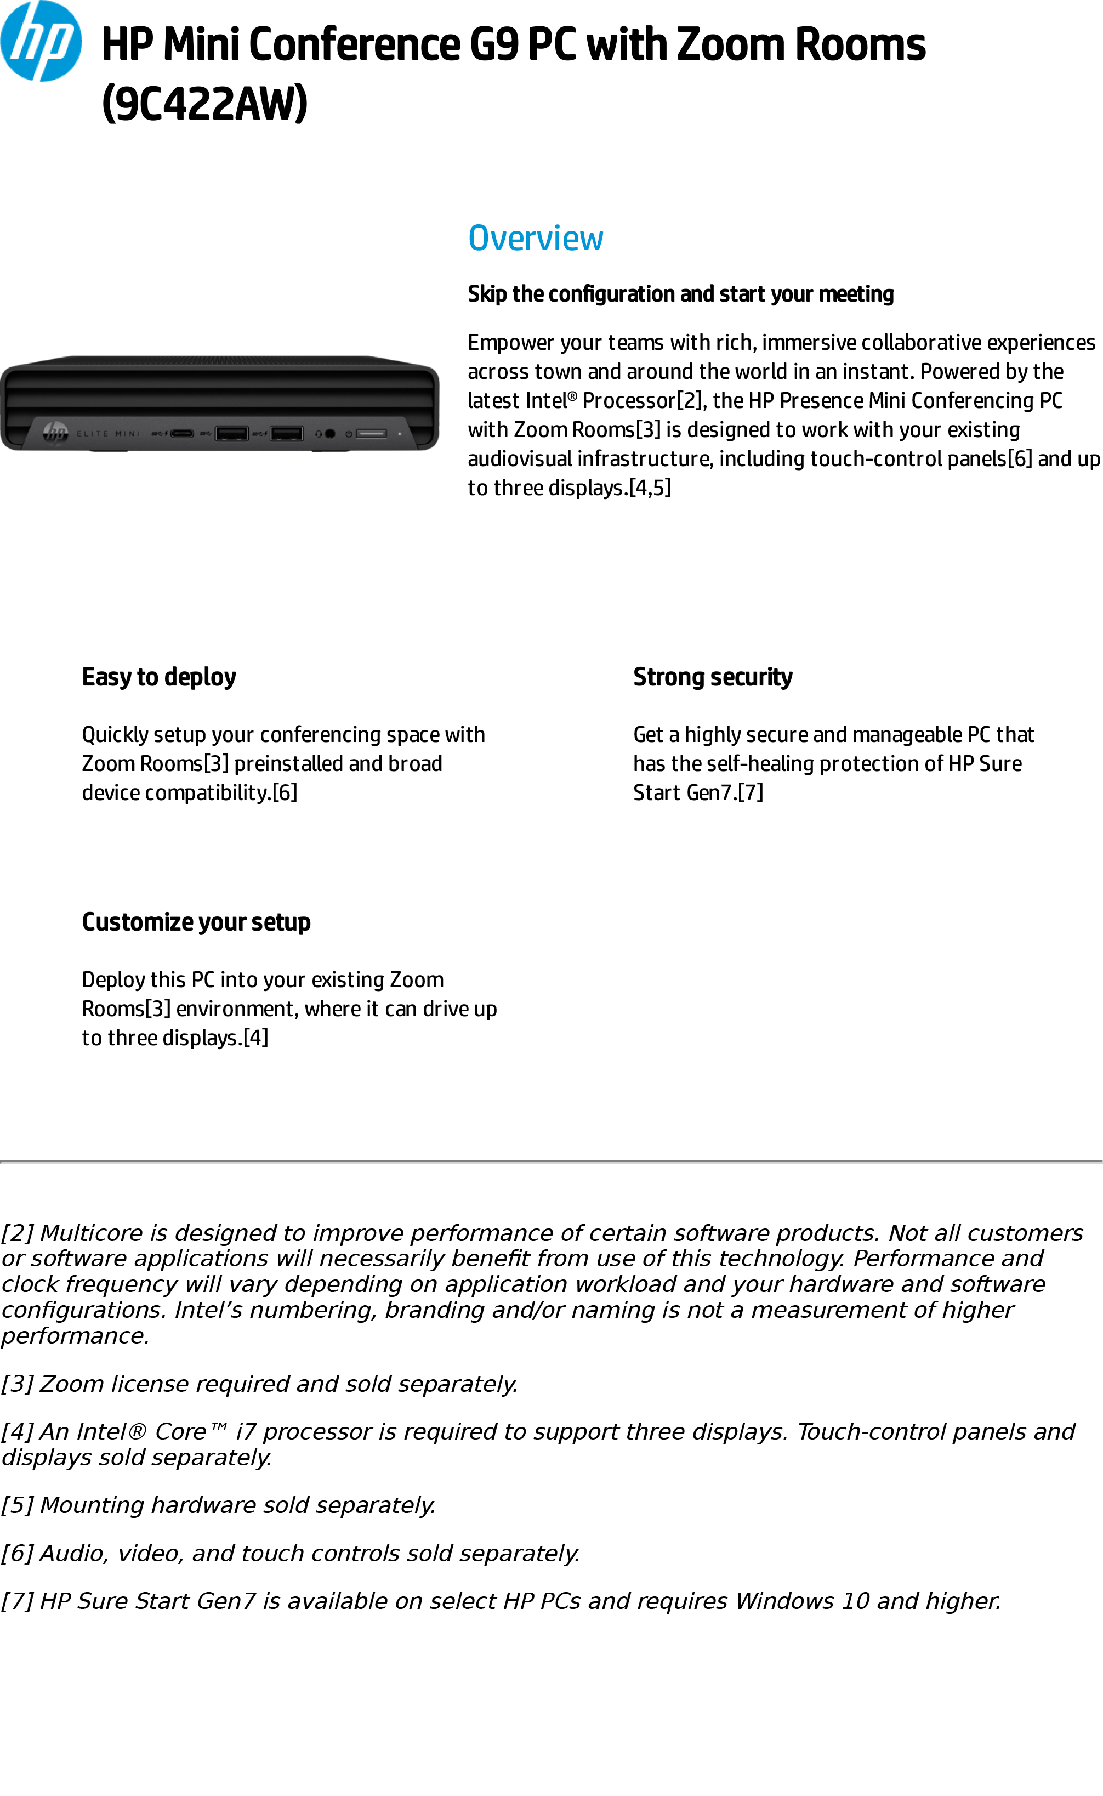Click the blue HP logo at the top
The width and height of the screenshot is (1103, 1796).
[41, 42]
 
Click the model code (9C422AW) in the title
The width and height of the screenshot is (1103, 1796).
[204, 103]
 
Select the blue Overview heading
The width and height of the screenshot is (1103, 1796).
[536, 238]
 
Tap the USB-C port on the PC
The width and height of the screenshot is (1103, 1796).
[181, 433]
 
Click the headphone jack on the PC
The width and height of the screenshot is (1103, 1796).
[329, 433]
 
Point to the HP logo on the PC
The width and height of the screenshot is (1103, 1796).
[55, 432]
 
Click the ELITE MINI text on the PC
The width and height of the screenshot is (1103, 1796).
[108, 433]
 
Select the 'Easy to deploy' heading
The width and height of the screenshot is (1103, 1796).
[159, 677]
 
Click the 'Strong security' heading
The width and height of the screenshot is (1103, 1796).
[712, 677]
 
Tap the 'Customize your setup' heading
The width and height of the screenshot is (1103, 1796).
[196, 922]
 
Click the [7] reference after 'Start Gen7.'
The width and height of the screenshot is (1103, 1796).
[750, 792]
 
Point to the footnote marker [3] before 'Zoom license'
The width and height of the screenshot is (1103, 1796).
[17, 1384]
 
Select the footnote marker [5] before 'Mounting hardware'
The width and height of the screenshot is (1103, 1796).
[17, 1505]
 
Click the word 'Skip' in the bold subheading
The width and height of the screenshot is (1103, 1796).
[487, 293]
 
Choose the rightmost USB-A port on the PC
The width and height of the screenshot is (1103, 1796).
[287, 433]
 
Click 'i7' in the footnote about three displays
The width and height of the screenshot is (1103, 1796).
[245, 1431]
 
